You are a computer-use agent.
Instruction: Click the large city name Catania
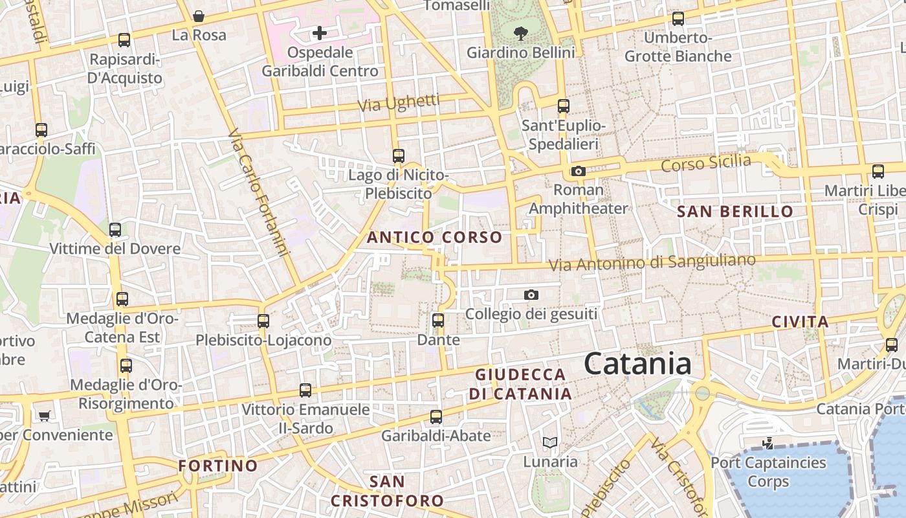(x=638, y=364)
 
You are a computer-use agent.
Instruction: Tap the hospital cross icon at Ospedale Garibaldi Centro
(x=320, y=33)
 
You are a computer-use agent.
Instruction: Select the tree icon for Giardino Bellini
(x=520, y=33)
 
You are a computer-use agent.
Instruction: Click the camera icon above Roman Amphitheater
(x=579, y=172)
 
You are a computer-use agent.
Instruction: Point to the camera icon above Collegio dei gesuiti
(x=531, y=295)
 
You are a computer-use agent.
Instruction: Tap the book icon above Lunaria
(x=550, y=443)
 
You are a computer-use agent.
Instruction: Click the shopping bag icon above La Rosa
(x=199, y=16)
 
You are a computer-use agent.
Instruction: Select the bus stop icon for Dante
(x=438, y=320)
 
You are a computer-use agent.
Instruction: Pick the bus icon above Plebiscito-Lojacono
(x=263, y=321)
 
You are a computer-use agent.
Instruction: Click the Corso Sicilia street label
(x=705, y=163)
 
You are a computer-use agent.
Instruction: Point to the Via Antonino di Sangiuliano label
(x=652, y=263)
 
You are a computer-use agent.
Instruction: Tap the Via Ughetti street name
(x=399, y=103)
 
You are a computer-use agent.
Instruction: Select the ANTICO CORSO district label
(x=434, y=238)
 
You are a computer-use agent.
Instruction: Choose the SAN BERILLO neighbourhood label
(x=735, y=212)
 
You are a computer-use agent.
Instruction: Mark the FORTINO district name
(x=218, y=466)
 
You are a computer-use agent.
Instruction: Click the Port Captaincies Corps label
(x=768, y=472)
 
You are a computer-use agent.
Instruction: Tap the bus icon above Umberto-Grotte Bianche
(x=678, y=19)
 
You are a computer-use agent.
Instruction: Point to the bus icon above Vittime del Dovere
(x=115, y=229)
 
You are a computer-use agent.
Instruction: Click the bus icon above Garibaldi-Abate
(x=436, y=416)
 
